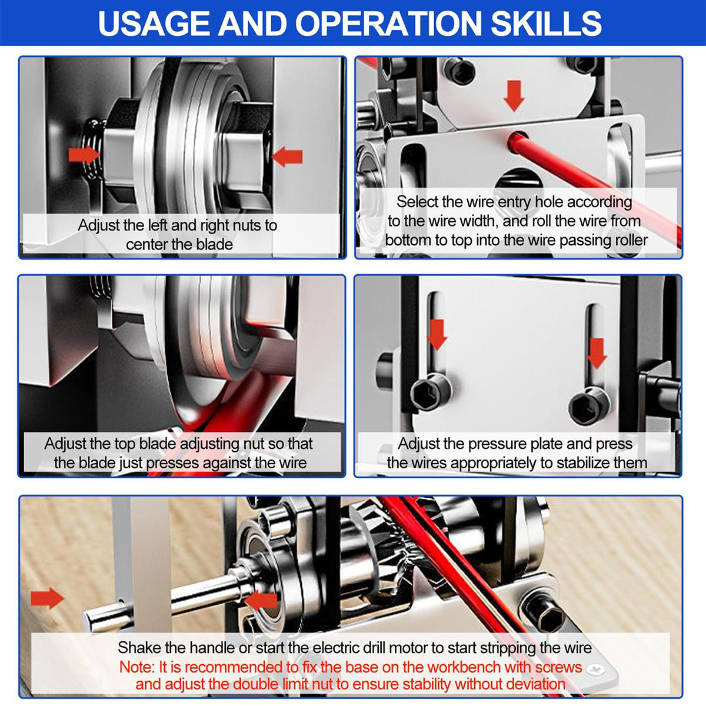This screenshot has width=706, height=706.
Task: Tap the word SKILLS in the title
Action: point(546,23)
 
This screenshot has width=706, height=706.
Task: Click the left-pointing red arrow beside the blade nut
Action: point(287,157)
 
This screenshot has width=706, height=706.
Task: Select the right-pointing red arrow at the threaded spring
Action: point(84,154)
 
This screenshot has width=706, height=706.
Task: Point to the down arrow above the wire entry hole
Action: point(514,96)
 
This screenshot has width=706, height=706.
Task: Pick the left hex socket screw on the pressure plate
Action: point(431,392)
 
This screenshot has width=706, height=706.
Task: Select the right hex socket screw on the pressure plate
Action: point(589,406)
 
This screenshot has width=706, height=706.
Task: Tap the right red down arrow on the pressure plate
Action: point(597,353)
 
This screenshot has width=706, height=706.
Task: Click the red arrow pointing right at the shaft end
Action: point(47,599)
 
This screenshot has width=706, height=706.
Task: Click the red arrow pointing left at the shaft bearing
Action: point(261,601)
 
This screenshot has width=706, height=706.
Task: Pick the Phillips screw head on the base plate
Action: point(595,670)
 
